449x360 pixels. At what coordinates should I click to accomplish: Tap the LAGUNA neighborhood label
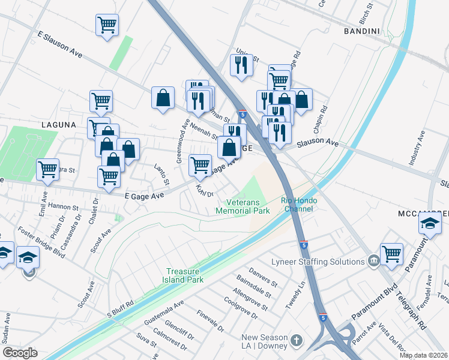58,125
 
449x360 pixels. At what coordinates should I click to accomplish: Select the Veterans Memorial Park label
243,206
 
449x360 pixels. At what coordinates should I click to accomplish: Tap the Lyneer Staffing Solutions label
326,262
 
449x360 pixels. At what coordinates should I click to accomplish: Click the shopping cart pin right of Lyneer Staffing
391,253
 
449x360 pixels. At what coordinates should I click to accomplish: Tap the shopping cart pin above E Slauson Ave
107,25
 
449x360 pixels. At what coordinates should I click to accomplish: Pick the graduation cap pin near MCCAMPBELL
430,224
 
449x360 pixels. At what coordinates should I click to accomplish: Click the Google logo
20,352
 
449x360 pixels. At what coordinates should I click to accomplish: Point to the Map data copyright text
424,356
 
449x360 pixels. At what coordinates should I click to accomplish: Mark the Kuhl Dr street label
205,191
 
